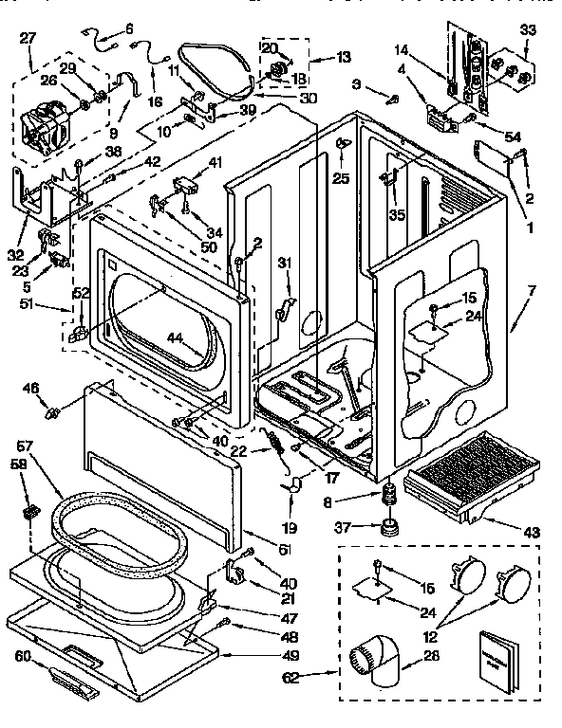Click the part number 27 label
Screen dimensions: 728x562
coord(27,38)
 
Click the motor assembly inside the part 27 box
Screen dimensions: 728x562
coord(45,124)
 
